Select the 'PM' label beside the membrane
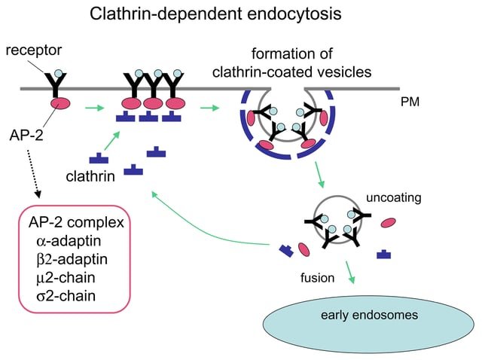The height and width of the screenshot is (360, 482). (411, 100)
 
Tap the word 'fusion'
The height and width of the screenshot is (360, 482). (317, 277)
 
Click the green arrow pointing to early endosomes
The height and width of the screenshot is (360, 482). (349, 272)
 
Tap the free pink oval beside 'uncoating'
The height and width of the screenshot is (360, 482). (389, 222)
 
